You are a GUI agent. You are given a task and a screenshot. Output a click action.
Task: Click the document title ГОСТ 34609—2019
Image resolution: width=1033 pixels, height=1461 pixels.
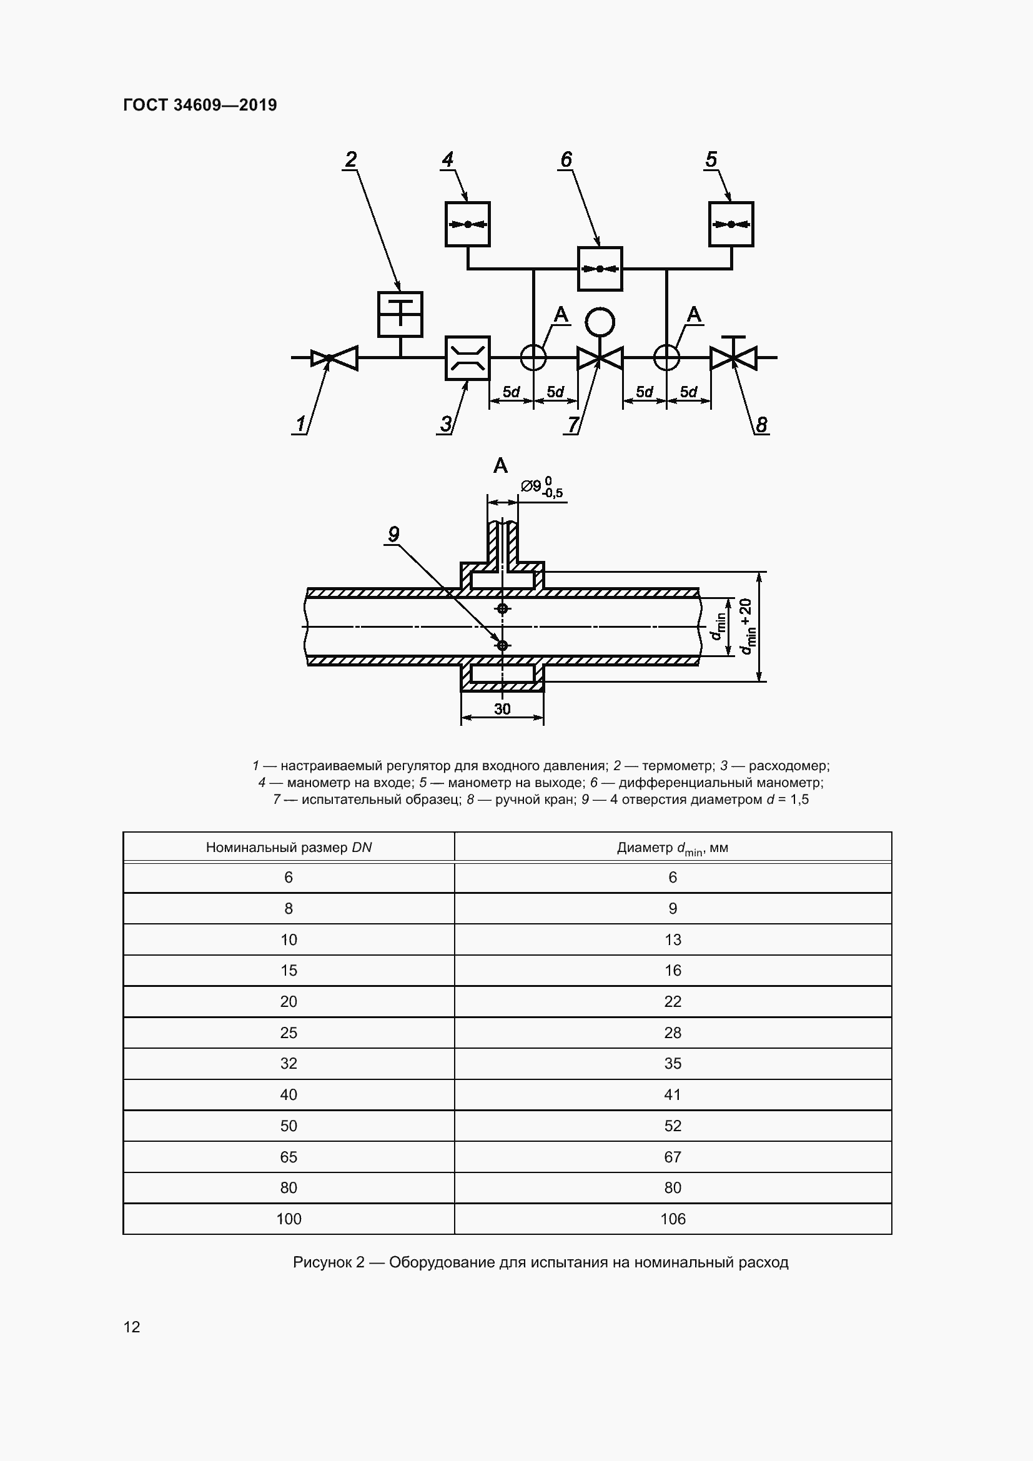click(x=200, y=105)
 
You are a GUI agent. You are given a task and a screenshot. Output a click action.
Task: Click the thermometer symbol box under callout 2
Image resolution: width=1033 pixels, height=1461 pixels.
click(x=400, y=314)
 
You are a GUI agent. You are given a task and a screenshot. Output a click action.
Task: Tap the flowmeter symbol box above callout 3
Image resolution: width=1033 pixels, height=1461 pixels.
click(x=467, y=358)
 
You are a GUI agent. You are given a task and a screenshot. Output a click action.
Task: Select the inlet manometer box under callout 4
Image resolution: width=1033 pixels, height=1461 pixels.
click(x=468, y=224)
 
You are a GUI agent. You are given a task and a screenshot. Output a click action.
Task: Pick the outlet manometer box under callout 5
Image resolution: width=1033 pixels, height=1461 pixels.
click(x=731, y=224)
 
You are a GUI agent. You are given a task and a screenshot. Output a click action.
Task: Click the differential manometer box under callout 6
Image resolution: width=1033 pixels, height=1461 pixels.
click(x=599, y=269)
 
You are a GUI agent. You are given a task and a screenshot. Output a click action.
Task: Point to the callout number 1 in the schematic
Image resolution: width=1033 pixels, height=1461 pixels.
click(x=301, y=423)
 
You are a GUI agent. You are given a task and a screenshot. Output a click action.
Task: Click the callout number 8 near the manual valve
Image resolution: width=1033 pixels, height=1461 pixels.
click(x=761, y=424)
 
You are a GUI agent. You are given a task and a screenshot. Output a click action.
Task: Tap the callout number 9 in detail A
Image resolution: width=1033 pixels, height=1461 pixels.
click(x=393, y=535)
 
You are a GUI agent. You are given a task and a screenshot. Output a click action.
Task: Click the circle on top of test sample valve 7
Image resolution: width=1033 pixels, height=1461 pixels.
click(x=599, y=322)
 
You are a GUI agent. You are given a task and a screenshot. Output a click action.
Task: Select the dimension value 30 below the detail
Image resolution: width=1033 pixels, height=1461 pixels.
click(x=502, y=709)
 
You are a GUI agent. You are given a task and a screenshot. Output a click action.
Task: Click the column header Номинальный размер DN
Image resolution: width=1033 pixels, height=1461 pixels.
click(x=289, y=848)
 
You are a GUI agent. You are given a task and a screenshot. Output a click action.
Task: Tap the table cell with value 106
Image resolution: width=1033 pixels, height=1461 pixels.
click(x=673, y=1219)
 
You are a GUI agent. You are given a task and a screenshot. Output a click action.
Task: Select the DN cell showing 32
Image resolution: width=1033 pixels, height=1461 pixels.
click(x=289, y=1063)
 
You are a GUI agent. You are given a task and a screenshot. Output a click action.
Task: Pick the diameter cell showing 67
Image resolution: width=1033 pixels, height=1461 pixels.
click(x=673, y=1157)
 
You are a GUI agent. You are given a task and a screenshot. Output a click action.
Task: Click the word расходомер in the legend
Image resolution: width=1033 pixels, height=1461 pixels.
click(x=788, y=766)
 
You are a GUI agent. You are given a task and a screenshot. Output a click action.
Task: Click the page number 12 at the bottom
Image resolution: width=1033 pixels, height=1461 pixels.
click(x=132, y=1327)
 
